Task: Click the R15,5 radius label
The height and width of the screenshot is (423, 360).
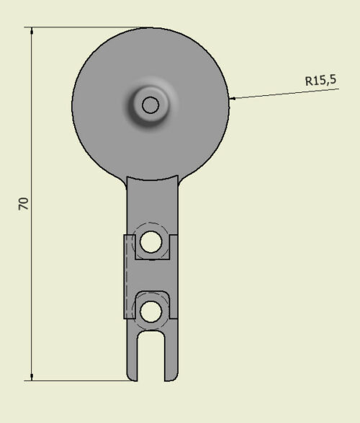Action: (320, 81)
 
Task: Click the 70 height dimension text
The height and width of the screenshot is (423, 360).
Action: (24, 204)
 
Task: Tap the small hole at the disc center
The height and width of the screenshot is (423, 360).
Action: (150, 105)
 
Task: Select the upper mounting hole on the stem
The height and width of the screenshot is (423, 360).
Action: (151, 241)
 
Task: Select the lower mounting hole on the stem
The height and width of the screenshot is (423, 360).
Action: (151, 311)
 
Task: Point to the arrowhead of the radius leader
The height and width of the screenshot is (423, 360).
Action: (233, 99)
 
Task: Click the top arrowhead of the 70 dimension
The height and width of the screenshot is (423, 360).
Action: (32, 31)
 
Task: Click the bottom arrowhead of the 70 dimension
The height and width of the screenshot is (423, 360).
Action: (32, 377)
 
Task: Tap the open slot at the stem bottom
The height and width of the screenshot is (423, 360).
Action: (151, 356)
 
